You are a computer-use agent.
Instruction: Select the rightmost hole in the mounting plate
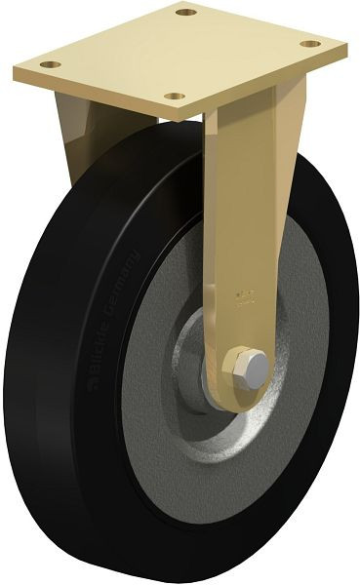pyautogui.click(x=309, y=44)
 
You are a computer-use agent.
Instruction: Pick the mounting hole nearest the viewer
pyautogui.click(x=174, y=96)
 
